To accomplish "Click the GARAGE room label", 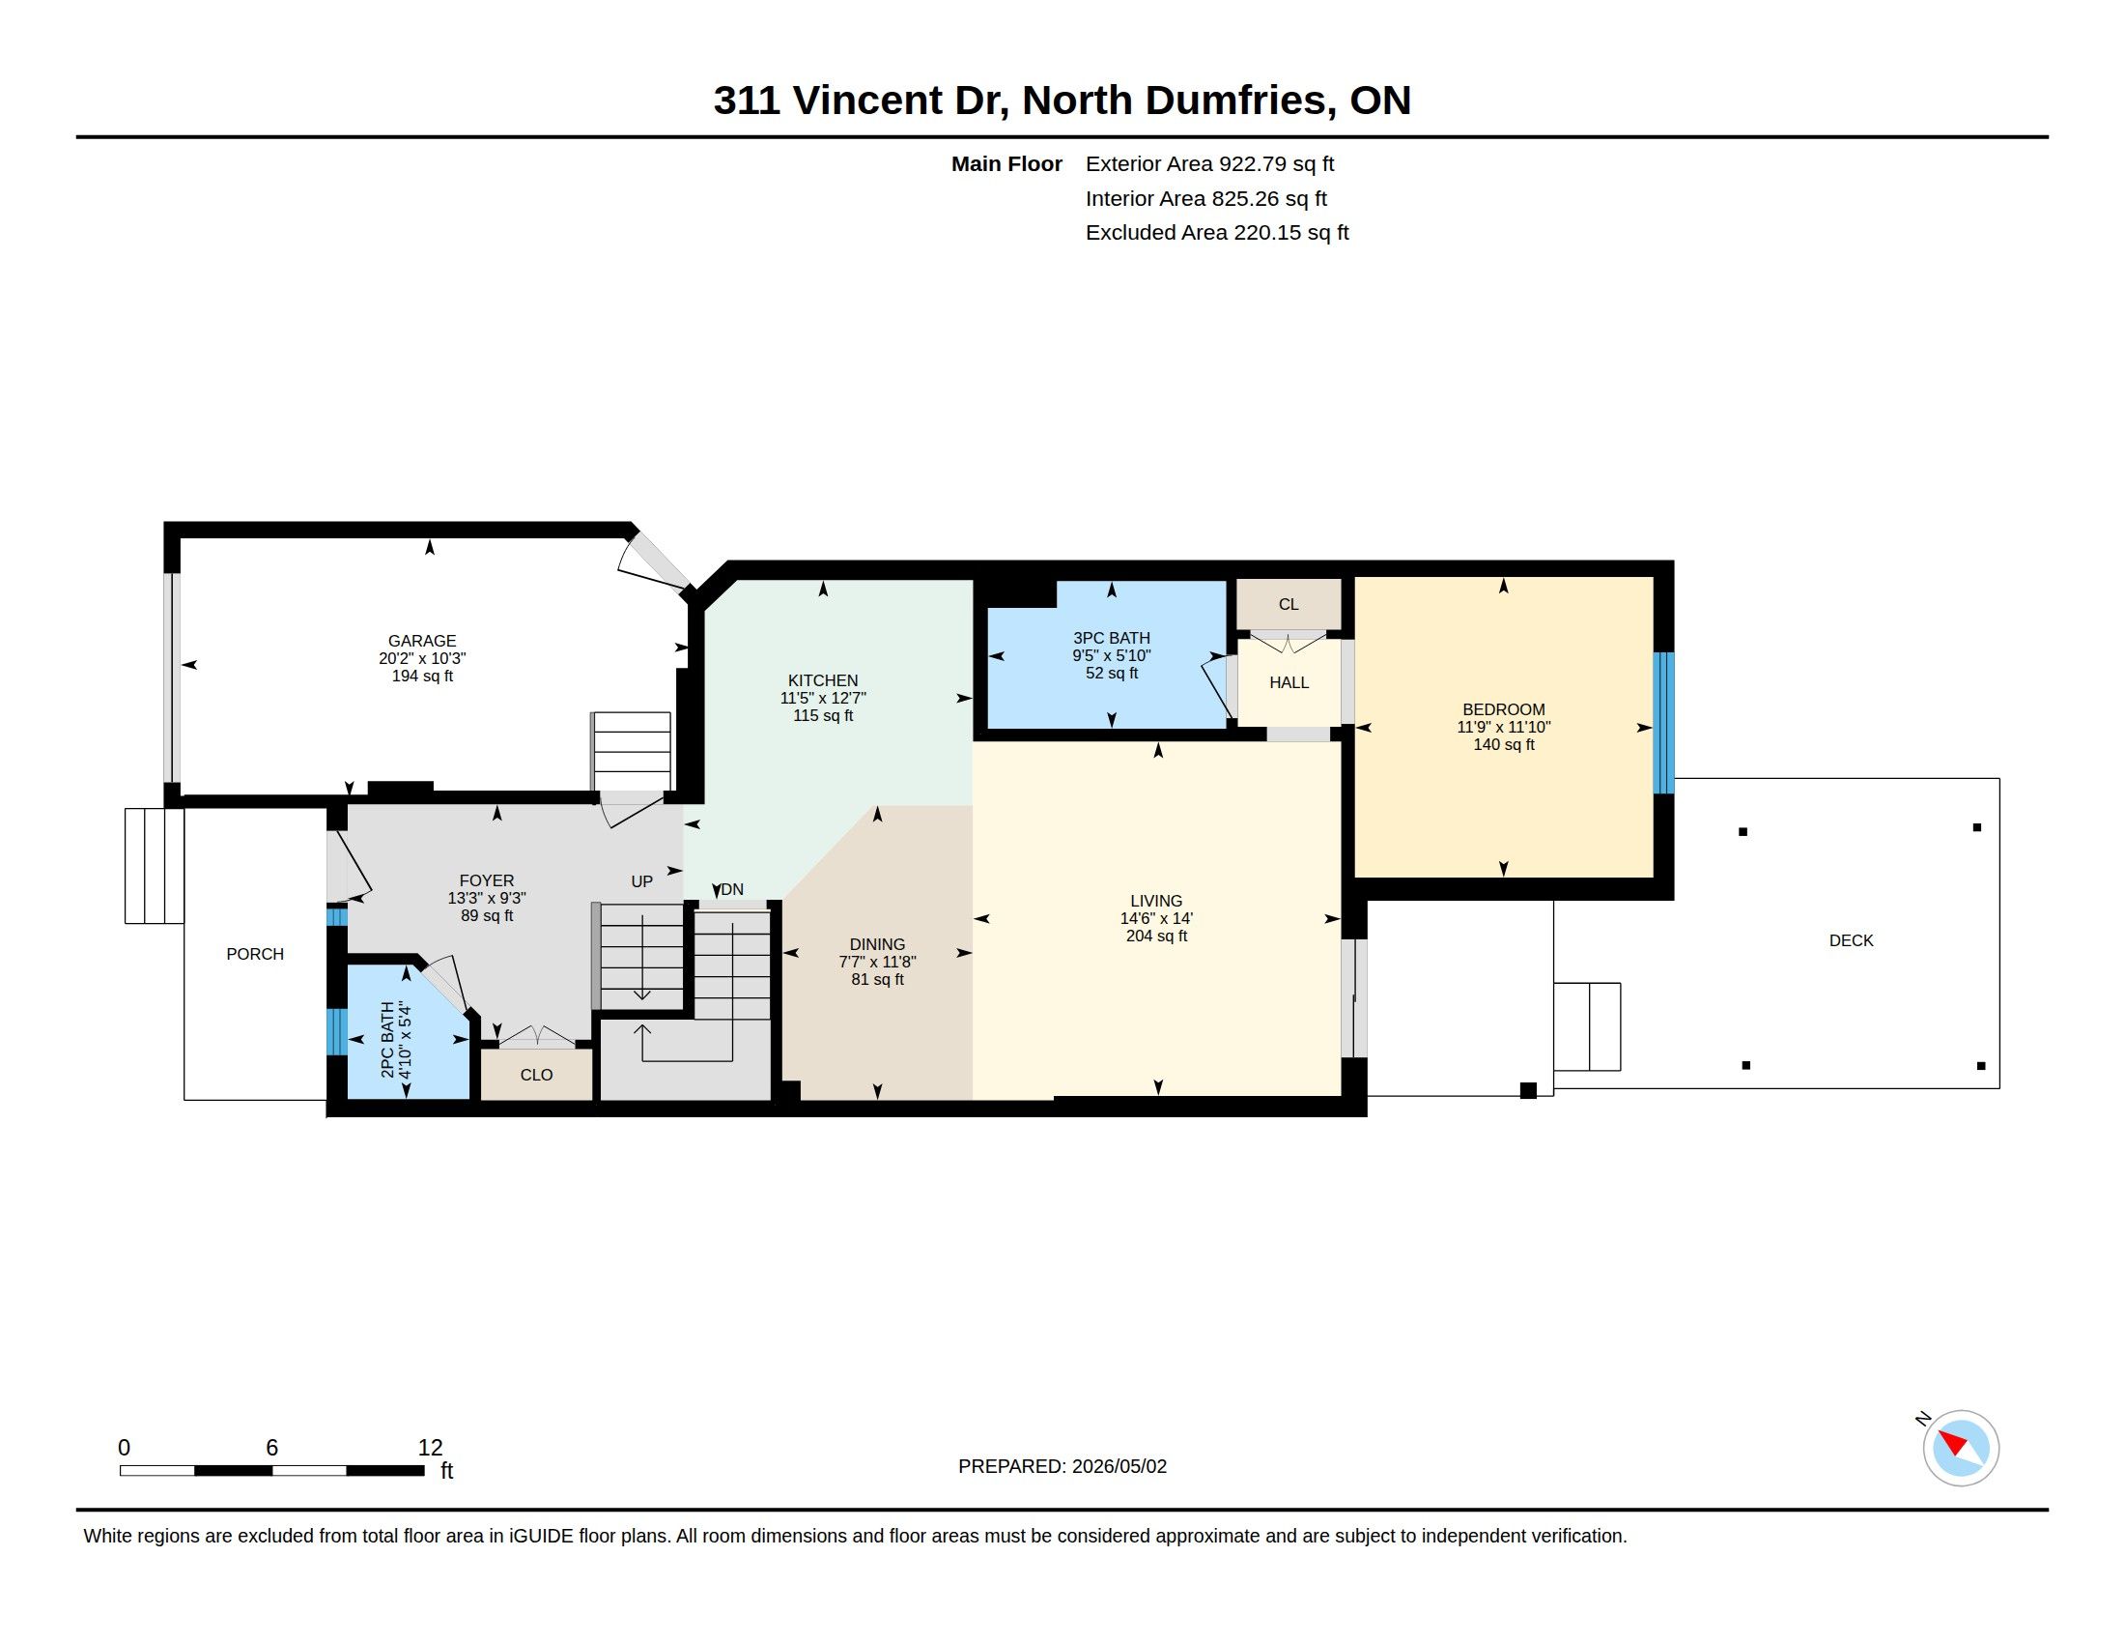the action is point(422,641).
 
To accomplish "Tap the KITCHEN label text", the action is point(823,680).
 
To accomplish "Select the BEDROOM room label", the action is point(1503,709).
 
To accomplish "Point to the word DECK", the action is point(1851,940).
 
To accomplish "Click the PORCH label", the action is point(255,954).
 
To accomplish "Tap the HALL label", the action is point(1289,682).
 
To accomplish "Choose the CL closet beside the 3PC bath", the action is point(1289,604).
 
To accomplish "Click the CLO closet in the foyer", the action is point(536,1075).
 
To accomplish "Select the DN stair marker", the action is point(732,888).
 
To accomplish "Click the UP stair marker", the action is point(642,881).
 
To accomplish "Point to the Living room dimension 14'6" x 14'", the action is point(1156,918).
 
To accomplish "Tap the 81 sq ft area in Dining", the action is point(878,979).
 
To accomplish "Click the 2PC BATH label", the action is point(387,1039).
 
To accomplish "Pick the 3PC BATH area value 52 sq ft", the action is point(1111,673).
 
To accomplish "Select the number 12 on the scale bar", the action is point(430,1448).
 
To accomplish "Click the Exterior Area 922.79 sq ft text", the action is point(1209,163).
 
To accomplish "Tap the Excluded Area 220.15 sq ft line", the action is point(1217,233).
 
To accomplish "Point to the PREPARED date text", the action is point(1062,1466).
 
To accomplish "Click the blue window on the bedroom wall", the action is point(1664,723).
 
